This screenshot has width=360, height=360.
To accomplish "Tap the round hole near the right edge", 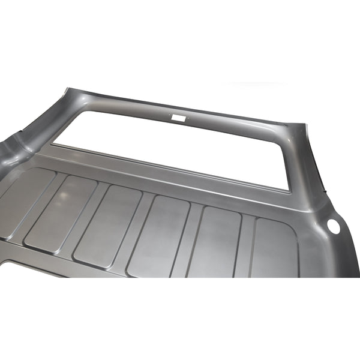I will [x=334, y=226].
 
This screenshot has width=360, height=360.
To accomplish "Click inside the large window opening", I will [x=180, y=150].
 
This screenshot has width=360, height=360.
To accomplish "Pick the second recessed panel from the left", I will [x=60, y=213].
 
